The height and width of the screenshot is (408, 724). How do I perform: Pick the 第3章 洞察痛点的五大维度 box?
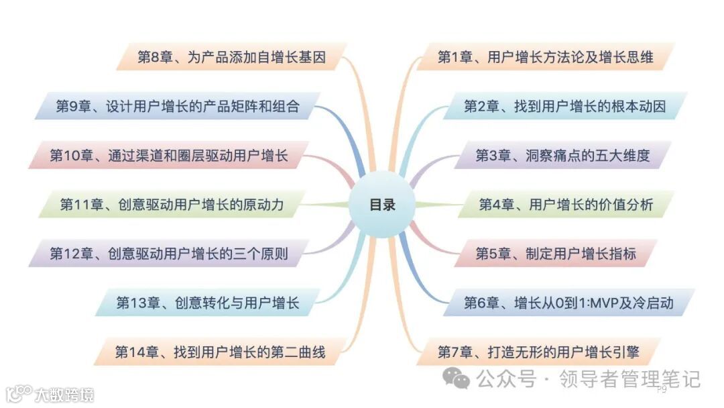pyautogui.click(x=562, y=156)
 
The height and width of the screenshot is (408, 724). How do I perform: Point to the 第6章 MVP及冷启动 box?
pyautogui.click(x=568, y=303)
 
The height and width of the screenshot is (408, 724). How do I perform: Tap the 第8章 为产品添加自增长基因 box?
pyautogui.click(x=231, y=57)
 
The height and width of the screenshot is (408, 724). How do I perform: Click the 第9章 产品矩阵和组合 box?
pyautogui.click(x=177, y=106)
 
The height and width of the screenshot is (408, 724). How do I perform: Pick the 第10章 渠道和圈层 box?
pyautogui.click(x=168, y=156)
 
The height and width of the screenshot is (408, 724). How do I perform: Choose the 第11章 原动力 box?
pyautogui.click(x=172, y=205)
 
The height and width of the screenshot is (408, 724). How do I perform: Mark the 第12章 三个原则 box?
pyautogui.click(x=168, y=254)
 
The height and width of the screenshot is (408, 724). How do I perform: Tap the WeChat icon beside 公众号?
pyautogui.click(x=461, y=380)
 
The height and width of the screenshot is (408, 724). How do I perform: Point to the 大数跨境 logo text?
pyautogui.click(x=64, y=394)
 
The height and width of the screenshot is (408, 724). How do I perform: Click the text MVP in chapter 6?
pyautogui.click(x=601, y=303)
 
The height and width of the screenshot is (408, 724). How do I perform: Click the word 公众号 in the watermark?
pyautogui.click(x=505, y=380)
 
